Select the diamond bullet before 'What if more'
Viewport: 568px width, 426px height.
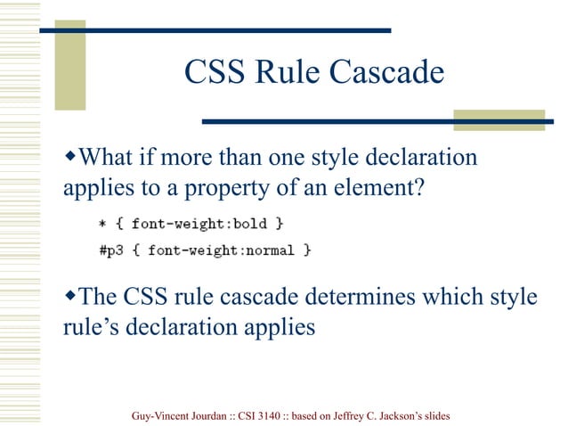(73, 158)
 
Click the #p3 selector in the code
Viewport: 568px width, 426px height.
(111, 250)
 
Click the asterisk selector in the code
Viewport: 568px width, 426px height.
(104, 223)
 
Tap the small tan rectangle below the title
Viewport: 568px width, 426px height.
(499, 120)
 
